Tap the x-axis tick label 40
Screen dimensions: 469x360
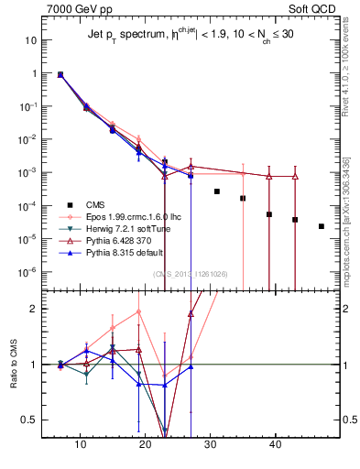click(275, 444)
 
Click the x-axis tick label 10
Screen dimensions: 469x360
click(80, 444)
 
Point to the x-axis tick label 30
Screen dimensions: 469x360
click(210, 444)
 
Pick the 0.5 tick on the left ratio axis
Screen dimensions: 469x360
click(30, 420)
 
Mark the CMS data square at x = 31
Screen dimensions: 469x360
click(217, 191)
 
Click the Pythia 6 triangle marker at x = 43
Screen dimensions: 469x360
click(295, 176)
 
